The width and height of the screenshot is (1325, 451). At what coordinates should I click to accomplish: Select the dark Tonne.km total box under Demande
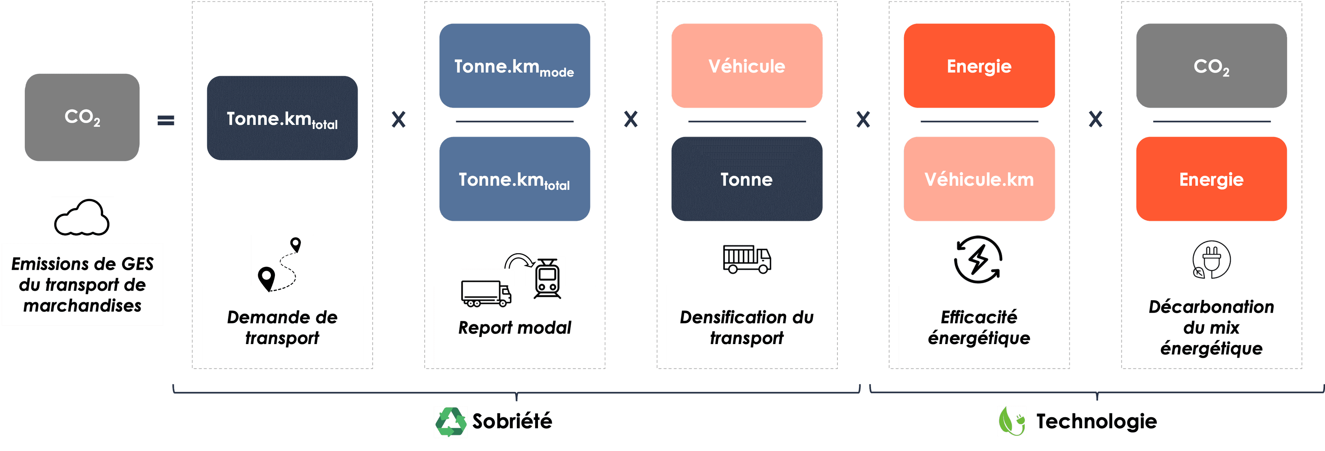282,118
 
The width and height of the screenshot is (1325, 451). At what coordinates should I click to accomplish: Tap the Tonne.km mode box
514,66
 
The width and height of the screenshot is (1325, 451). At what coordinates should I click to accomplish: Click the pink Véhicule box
747,66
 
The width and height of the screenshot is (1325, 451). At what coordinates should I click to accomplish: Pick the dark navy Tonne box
747,179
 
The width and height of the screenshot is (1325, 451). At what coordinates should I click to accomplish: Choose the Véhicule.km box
979,179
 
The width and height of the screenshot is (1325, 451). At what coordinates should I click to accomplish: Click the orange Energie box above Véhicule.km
979,66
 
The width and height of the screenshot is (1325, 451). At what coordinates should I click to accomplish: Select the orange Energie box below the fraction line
1211,179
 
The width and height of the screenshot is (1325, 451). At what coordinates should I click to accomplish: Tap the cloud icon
82,218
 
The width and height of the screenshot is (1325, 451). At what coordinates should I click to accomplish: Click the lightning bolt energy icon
978,259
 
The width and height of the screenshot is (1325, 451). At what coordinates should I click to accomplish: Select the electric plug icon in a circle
1211,259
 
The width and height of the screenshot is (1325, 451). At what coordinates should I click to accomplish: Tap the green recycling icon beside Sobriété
451,422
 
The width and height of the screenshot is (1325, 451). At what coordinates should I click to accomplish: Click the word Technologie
1096,421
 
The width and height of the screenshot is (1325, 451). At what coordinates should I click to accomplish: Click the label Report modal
514,327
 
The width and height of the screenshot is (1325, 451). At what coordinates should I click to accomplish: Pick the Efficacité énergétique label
979,327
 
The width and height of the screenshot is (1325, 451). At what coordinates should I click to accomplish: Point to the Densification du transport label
747,327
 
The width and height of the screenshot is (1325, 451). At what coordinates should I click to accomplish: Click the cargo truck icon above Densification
747,259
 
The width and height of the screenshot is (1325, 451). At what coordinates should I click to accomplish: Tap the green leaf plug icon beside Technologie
1011,421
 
